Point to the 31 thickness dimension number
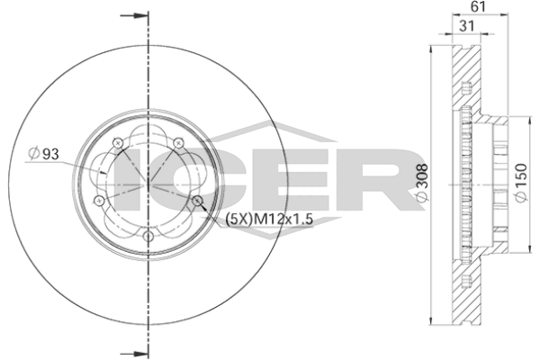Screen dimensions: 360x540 (x=465, y=28)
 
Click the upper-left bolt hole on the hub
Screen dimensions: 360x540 (x=119, y=141)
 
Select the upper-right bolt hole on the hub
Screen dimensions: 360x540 (x=179, y=141)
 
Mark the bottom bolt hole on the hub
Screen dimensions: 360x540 (x=148, y=236)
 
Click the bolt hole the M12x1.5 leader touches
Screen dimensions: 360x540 (x=198, y=200)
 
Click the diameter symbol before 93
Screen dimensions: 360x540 (x=32, y=154)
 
